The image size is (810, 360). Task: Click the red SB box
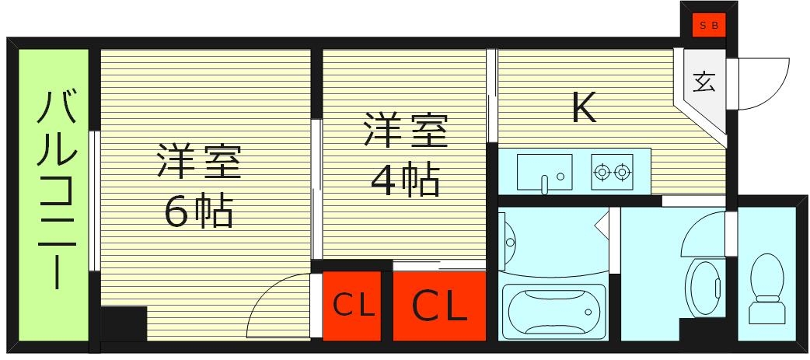(x=708, y=25)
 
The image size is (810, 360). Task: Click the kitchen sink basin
(x=544, y=171)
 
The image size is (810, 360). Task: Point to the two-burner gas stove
(x=611, y=171)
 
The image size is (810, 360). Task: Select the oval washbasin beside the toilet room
(x=706, y=288)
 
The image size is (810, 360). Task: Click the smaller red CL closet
(x=352, y=306)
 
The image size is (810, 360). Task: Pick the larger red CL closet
(x=439, y=306)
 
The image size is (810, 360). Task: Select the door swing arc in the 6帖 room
(x=272, y=307)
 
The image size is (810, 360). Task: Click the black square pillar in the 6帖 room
(x=123, y=323)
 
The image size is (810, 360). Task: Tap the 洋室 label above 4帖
(x=405, y=131)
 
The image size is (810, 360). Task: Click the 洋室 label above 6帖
(x=199, y=161)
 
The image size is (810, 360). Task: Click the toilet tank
(x=767, y=312)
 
